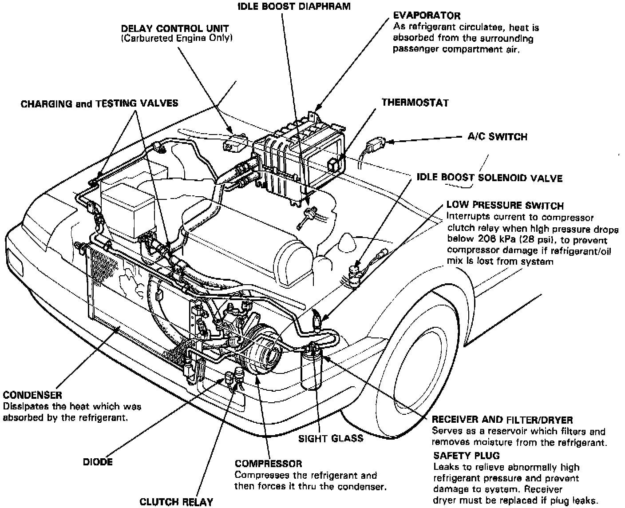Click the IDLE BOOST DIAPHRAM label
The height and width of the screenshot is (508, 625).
(x=294, y=6)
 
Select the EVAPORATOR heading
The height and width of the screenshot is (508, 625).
(x=427, y=16)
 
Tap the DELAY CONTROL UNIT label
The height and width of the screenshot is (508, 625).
(x=175, y=28)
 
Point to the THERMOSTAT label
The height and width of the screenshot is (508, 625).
(x=415, y=103)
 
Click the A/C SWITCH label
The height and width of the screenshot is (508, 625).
(x=497, y=136)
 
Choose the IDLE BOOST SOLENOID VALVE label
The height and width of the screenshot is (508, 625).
(x=490, y=178)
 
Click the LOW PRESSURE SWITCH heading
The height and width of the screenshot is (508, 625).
(x=505, y=206)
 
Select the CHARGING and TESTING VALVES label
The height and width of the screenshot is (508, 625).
(x=99, y=103)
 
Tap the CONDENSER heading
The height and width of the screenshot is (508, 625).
(x=32, y=395)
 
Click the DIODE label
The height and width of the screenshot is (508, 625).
(x=98, y=462)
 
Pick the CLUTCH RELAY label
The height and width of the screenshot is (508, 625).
(x=176, y=502)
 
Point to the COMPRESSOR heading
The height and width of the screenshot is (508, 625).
(x=268, y=464)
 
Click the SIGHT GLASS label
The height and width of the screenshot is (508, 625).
(x=331, y=438)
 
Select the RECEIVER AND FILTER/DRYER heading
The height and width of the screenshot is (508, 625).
(x=502, y=420)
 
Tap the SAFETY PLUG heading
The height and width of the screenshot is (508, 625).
(x=466, y=455)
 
